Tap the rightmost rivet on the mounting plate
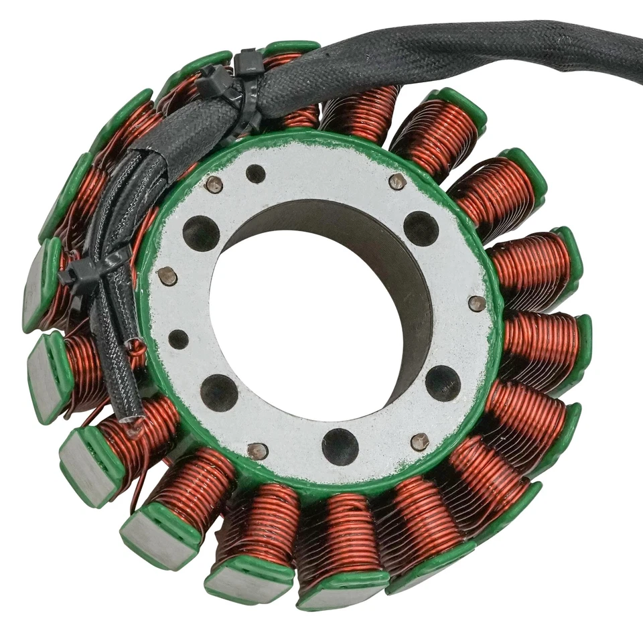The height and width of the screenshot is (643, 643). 476,303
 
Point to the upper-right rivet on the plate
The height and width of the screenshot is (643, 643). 397,181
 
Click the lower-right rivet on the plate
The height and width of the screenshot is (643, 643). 420,441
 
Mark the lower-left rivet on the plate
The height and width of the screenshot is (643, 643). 257,451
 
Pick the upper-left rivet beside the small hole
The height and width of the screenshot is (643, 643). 214,184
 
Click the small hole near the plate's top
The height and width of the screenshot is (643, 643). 255,173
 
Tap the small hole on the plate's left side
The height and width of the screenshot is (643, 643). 178,339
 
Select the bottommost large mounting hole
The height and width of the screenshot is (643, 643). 340,447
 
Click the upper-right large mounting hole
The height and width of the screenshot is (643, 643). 421,228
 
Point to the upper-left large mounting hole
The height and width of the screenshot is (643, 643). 201,233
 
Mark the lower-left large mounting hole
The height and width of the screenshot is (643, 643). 219,392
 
